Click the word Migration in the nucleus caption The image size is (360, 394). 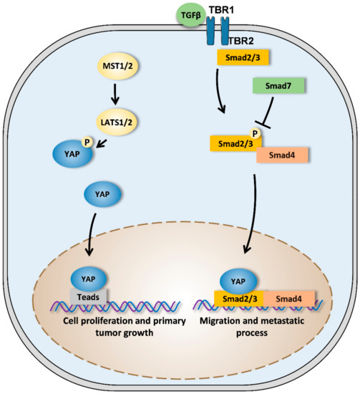click(x=227, y=327)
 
